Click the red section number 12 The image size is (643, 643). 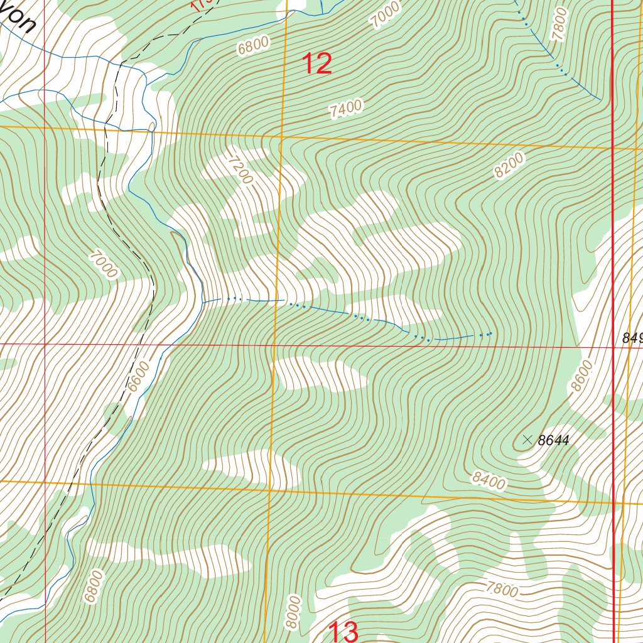tap(317, 64)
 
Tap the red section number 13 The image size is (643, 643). tap(343, 632)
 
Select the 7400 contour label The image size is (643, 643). tap(346, 109)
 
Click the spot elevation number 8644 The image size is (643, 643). tap(553, 441)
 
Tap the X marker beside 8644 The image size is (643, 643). tap(526, 440)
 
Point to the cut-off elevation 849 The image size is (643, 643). tap(632, 338)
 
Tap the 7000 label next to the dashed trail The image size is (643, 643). tap(104, 264)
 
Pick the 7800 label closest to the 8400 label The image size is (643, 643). tap(502, 590)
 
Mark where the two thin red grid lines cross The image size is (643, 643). tap(45, 344)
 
